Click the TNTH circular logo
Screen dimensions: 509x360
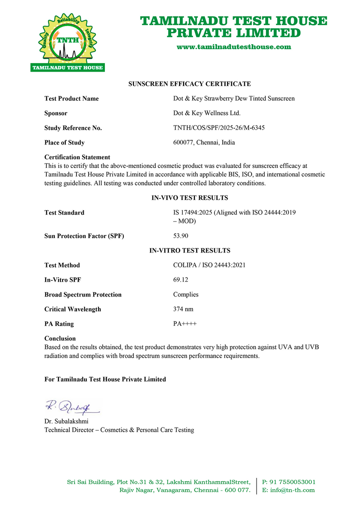pos(67,42)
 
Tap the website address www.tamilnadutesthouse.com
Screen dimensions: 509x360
pos(234,47)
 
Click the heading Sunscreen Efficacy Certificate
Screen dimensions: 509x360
pos(189,84)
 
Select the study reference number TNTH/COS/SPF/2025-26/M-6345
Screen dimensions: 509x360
pos(219,128)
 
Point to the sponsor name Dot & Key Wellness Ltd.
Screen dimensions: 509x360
pos(207,113)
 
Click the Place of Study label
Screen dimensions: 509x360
pos(64,143)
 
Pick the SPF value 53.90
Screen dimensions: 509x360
pos(181,236)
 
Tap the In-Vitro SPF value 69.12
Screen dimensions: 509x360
pos(181,279)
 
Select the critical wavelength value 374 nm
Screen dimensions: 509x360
pos(183,309)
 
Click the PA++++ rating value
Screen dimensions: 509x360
pos(185,324)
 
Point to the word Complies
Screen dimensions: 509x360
pos(186,294)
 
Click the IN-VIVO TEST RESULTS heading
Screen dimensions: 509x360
pos(189,198)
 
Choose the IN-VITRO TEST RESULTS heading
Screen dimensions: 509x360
pos(189,250)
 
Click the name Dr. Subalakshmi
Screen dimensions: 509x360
pos(66,421)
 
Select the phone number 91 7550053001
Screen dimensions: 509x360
pos(292,482)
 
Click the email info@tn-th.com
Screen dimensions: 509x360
pos(292,490)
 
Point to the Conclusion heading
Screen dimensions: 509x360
pos(60,338)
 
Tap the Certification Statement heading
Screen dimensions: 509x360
pos(77,157)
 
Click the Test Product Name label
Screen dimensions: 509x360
pos(72,99)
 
